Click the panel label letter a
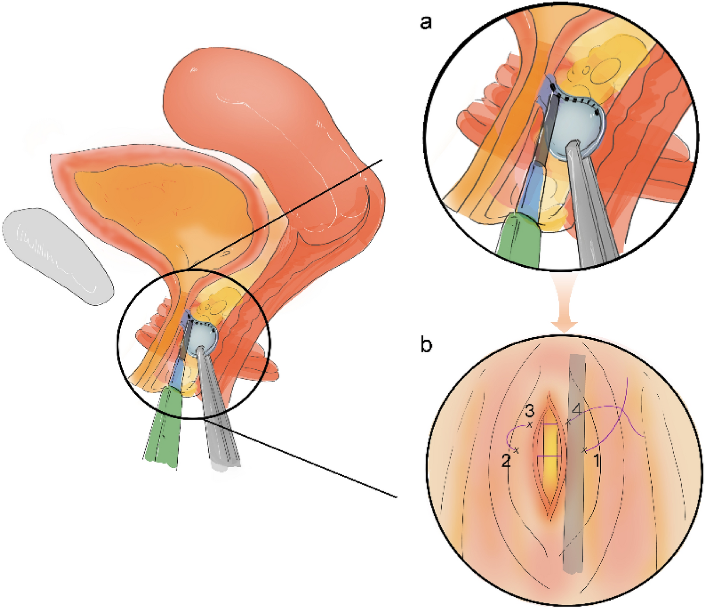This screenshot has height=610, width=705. coord(426,22)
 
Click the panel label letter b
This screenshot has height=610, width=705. coord(426,345)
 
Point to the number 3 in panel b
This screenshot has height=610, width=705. coord(529,412)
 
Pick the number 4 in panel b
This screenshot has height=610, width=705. coord(577,409)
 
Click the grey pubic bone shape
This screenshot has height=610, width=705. coord(57,255)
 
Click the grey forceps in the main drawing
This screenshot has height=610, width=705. coord(220,425)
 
